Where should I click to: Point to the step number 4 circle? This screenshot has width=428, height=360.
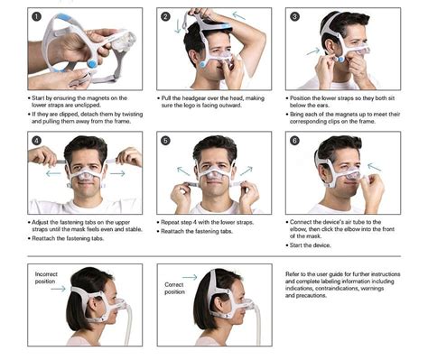point(36,142)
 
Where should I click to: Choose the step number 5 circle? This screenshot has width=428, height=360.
point(165,142)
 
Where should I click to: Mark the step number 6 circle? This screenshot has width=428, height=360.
point(294,142)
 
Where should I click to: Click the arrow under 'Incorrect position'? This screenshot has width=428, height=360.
point(58,290)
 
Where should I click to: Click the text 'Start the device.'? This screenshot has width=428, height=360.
point(315,245)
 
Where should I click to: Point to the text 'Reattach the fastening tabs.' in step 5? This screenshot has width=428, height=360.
point(203,230)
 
